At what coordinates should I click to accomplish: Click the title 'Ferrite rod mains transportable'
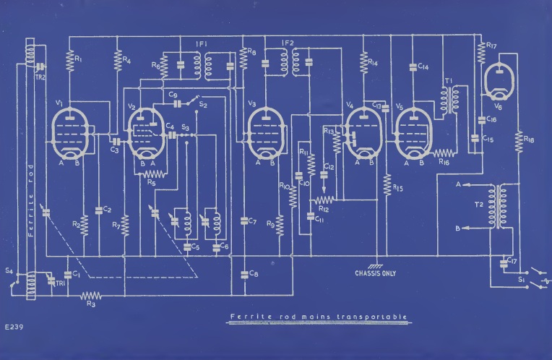tap(318, 317)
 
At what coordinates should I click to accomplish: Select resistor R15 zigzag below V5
tap(387, 186)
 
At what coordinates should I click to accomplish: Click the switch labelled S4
tap(13, 281)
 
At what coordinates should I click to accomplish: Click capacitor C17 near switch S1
tap(504, 261)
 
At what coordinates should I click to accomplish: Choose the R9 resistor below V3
tap(280, 225)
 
